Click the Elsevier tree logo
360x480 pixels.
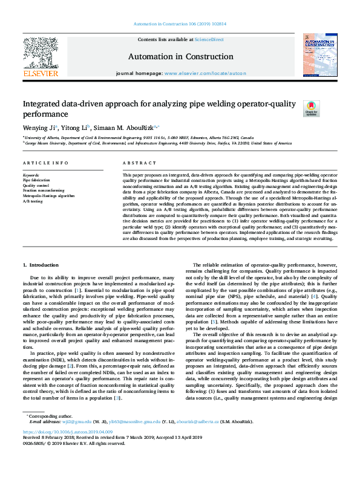click(41, 54)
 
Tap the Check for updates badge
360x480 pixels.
click(310, 108)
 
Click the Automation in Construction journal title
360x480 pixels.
click(180, 56)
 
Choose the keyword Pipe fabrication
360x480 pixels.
click(36, 180)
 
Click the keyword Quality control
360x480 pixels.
click(34, 186)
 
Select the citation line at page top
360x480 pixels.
click(180, 25)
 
